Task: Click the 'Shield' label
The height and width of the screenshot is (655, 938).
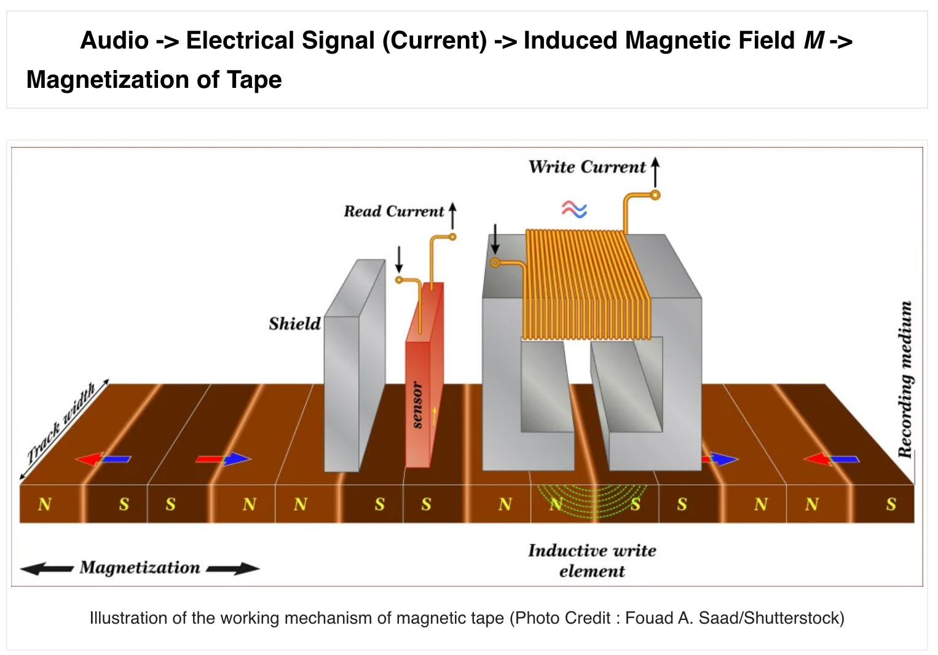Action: click(x=294, y=324)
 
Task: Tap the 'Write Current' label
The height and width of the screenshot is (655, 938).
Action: click(x=586, y=167)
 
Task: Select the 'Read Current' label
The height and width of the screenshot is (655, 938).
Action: click(x=393, y=211)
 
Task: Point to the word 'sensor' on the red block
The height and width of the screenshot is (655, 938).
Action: click(x=417, y=405)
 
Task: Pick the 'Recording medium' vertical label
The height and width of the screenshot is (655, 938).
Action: click(x=905, y=379)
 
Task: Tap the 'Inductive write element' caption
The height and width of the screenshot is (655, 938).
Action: click(x=591, y=560)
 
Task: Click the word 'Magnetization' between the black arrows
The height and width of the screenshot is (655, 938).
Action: click(x=140, y=568)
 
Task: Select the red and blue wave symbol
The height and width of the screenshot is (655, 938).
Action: click(x=574, y=210)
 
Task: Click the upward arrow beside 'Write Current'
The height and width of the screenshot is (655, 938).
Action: click(x=655, y=171)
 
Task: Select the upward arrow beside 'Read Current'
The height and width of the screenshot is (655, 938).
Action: click(x=452, y=216)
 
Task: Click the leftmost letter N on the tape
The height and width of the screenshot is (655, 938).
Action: click(x=44, y=504)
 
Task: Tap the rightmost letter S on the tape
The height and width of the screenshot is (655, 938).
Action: click(x=891, y=504)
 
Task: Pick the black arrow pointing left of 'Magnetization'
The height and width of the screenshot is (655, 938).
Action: click(x=47, y=569)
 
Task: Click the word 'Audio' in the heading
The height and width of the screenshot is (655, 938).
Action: click(x=114, y=41)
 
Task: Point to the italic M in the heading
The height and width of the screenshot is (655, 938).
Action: click(x=814, y=41)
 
